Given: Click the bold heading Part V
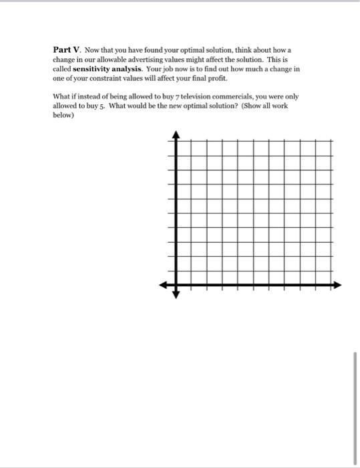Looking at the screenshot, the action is point(67,50).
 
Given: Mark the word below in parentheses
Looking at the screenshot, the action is point(63,115).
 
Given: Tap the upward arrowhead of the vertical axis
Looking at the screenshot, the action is point(176,134).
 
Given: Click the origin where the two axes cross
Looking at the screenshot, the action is point(176,285).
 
